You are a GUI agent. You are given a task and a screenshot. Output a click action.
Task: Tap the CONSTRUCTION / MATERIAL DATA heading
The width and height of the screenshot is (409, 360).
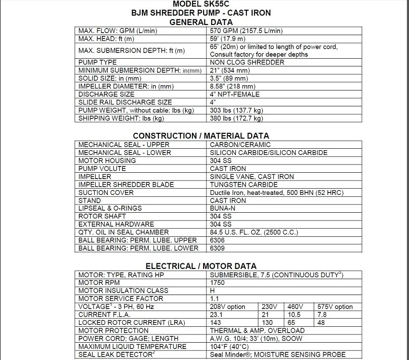point(201,136)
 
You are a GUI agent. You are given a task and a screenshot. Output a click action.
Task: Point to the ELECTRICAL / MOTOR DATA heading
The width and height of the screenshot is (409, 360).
point(201,266)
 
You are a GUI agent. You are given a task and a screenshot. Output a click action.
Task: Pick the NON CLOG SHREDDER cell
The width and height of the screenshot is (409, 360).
point(247,63)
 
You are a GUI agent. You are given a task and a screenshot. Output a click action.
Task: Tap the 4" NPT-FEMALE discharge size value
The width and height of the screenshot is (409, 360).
point(235,94)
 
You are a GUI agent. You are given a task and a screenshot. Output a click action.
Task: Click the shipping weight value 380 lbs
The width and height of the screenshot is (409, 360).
point(237,118)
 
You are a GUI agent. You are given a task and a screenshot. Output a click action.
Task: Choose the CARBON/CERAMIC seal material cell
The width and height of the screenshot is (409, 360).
point(241,145)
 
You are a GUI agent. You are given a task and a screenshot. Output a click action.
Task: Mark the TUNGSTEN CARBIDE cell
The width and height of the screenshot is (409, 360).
point(244,185)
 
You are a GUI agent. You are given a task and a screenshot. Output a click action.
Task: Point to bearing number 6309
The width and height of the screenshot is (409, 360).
point(217,248)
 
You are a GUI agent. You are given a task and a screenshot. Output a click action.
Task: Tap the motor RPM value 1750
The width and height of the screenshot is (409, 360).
point(217,283)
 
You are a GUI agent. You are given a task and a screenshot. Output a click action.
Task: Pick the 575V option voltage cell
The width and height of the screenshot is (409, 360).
point(335,307)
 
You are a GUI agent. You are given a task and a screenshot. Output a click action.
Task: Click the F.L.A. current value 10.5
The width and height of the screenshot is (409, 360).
point(294,314)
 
